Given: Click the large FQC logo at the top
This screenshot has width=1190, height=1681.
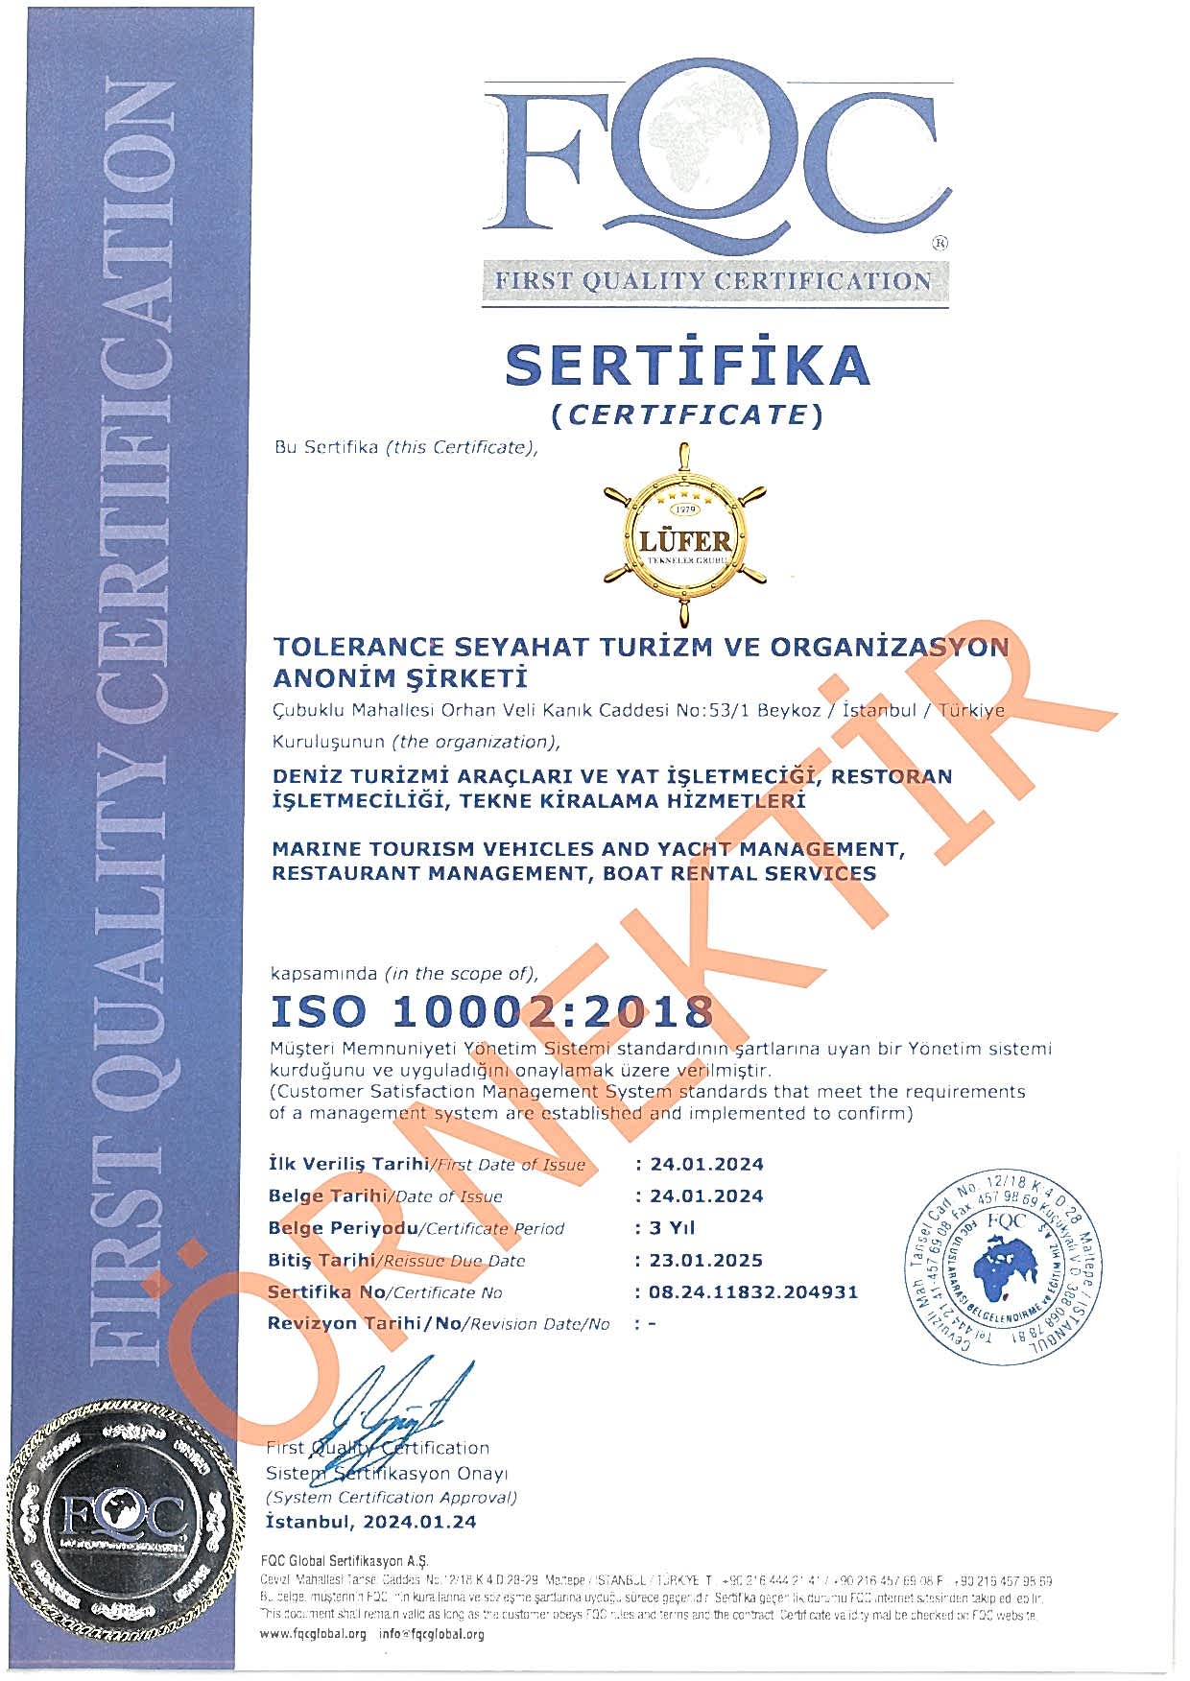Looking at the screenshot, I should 715,163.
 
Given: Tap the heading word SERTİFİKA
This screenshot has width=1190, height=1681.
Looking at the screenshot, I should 687,366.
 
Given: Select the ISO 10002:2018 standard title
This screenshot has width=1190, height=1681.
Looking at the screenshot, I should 492,1011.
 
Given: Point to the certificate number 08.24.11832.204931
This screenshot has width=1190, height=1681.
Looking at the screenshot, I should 753,1291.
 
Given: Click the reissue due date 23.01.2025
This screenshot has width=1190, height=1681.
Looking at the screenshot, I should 706,1260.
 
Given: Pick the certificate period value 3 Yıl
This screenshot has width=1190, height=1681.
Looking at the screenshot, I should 672,1227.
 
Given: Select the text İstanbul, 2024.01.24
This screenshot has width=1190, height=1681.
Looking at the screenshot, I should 370,1522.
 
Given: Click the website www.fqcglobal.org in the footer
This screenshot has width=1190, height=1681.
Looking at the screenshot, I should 314,1634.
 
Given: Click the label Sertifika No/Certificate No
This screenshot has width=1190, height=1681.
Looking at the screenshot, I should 385,1292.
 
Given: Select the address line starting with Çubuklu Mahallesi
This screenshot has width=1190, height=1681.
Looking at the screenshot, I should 639,711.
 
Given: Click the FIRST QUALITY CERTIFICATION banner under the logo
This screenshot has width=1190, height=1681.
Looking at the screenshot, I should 713,281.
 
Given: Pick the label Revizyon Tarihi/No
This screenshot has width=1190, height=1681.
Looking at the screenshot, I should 439,1324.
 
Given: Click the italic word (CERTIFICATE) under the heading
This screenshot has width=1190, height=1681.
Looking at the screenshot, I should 687,414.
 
